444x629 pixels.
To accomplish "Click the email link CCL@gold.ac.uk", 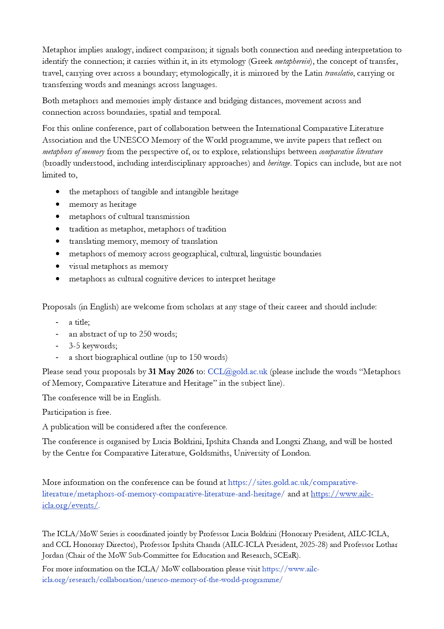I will (237, 372).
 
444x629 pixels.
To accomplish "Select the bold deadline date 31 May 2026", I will (171, 372).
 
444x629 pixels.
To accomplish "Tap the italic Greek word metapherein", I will (292, 62).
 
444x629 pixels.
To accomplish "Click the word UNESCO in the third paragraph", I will (131, 140).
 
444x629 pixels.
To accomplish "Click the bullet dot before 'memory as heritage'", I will (58, 204).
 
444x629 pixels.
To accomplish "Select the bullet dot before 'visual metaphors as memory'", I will (58, 266).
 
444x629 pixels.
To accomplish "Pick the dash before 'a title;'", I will (57, 323).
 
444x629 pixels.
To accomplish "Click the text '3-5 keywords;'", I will (93, 346).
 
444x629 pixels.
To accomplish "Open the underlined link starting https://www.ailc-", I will (342, 494).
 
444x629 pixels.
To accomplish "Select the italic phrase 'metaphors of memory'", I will (73, 152).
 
